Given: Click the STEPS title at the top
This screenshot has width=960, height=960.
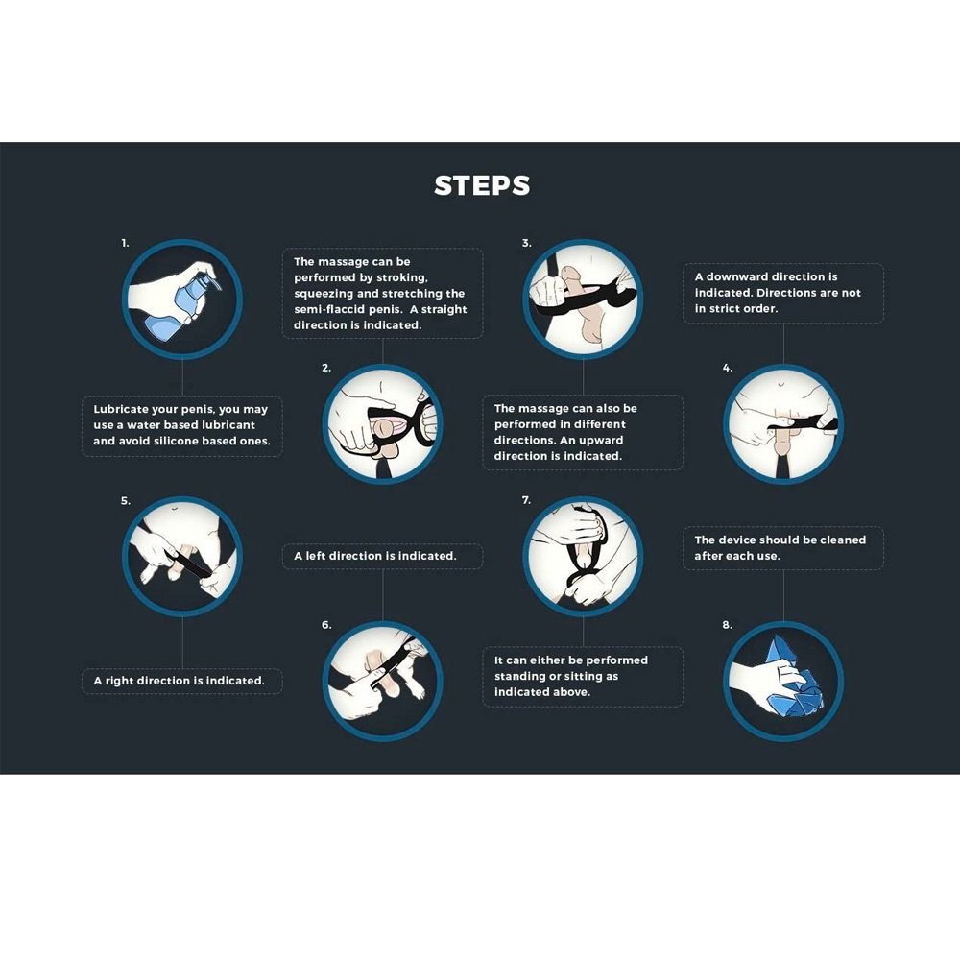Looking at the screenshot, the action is coord(482,185).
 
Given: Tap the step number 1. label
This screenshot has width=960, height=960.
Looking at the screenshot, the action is coord(125,243).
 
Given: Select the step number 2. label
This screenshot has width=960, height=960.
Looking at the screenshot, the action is coord(326,368).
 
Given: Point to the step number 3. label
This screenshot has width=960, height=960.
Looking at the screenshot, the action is coord(526,243).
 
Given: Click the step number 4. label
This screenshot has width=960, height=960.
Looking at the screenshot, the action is coord(728,368).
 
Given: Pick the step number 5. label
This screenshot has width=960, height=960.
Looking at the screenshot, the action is coord(126,501).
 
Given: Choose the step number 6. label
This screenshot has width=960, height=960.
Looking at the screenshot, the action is coord(326,625).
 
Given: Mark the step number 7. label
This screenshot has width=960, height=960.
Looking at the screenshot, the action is coord(526,500).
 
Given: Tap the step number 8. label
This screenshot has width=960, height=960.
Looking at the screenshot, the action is coord(728,625).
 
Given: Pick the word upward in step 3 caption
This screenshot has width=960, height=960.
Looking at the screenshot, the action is coord(601,441).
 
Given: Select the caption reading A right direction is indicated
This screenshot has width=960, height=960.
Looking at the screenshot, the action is coord(179,681).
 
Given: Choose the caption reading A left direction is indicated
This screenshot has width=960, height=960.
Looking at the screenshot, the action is coord(375,556).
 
